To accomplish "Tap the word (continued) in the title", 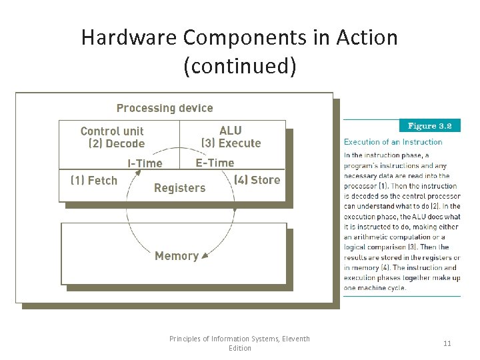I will click(x=239, y=67).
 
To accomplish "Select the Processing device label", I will click(x=165, y=108).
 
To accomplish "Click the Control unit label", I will click(x=112, y=131).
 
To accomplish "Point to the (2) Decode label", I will click(x=116, y=143).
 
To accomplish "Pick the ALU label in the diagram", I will click(x=231, y=131).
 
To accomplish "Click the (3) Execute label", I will click(x=231, y=143).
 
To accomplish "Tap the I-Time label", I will click(x=145, y=163).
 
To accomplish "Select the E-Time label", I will click(x=215, y=163).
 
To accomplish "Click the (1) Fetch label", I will click(x=94, y=180).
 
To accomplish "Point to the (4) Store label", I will click(x=257, y=179).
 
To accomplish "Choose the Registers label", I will click(x=179, y=188).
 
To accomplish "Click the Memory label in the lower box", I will click(x=176, y=256).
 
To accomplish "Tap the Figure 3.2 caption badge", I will click(x=430, y=125).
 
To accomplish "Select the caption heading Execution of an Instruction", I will click(x=393, y=141).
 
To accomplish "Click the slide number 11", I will click(x=447, y=343).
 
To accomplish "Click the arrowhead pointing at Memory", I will click(x=205, y=255).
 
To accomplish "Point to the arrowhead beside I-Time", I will click(x=138, y=173).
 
